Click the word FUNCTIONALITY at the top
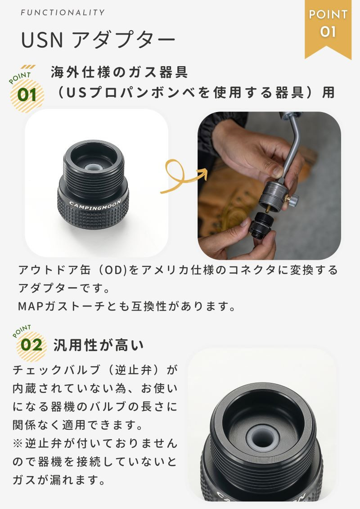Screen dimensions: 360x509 pos(63,13)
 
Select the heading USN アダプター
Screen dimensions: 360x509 pos(98,40)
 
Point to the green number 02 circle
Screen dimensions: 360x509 pos(31,345)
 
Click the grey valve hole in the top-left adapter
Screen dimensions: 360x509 pos(94,167)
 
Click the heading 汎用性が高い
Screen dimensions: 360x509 pos(99,345)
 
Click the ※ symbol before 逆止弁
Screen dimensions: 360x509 pos(18,443)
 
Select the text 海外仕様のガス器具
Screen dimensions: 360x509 pos(119,72)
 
